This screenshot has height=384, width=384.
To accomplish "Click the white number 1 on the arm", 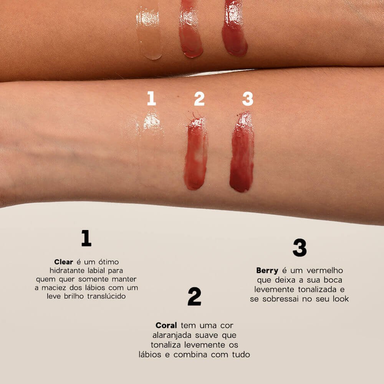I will pyautogui.click(x=151, y=98).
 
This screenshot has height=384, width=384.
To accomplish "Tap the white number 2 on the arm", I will pyautogui.click(x=199, y=99).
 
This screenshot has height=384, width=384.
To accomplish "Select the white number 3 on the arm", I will pyautogui.click(x=248, y=99).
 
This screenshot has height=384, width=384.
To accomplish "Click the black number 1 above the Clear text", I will pyautogui.click(x=86, y=238).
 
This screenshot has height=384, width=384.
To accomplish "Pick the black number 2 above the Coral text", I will pyautogui.click(x=194, y=296).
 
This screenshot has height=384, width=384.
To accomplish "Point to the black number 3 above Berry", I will pyautogui.click(x=300, y=248).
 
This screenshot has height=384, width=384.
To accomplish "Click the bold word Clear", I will pyautogui.click(x=63, y=262).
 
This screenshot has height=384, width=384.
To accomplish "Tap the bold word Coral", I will pyautogui.click(x=166, y=325).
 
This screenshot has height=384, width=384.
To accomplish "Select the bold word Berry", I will pyautogui.click(x=267, y=270).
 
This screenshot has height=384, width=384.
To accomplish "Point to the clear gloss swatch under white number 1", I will pyautogui.click(x=152, y=127).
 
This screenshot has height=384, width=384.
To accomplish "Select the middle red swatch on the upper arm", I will pyautogui.click(x=190, y=31).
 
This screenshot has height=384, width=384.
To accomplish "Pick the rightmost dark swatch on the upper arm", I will pyautogui.click(x=234, y=31).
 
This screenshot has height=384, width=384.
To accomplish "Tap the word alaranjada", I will pyautogui.click(x=171, y=335).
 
